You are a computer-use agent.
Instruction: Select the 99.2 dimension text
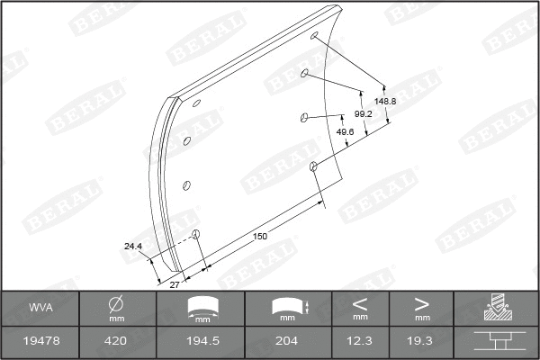tap(364, 114)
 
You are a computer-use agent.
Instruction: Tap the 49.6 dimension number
tap(344, 131)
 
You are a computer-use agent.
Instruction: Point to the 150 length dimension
tap(260, 236)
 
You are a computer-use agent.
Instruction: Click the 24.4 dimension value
tap(133, 245)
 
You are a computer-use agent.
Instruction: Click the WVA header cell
tap(40, 308)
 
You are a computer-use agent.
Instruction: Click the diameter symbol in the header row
tap(116, 303)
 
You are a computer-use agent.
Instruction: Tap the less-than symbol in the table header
tap(360, 302)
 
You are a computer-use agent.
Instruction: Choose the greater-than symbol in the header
tap(421, 302)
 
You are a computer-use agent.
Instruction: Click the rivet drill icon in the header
tap(496, 308)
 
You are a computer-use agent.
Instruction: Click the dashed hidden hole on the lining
tap(196, 236)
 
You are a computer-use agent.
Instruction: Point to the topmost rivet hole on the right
tap(314, 37)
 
